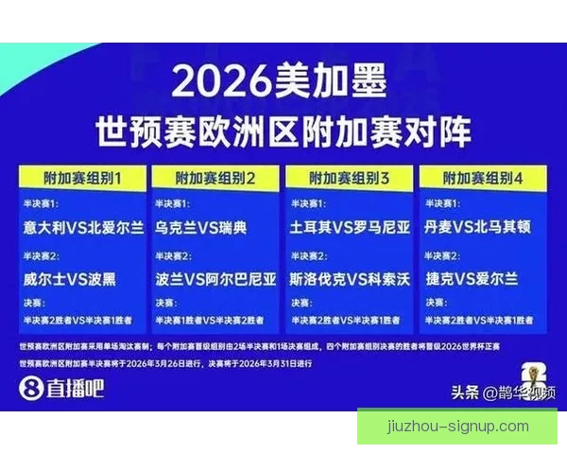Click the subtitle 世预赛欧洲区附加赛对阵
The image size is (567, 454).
[x=283, y=131]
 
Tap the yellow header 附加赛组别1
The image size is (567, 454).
[x=82, y=177]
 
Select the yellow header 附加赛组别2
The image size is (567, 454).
[x=216, y=177]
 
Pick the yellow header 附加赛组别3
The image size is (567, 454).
[x=350, y=177]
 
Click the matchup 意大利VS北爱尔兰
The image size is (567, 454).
[x=84, y=228]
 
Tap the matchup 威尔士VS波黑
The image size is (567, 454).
[x=72, y=279]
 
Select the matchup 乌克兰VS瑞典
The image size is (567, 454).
[x=200, y=228]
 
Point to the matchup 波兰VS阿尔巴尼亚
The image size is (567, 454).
[x=216, y=279]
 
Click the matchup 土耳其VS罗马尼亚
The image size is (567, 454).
[x=351, y=228]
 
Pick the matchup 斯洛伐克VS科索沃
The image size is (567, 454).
[x=351, y=279]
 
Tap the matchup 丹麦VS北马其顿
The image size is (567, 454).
[x=484, y=228]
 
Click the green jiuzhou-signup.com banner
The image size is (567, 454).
[x=457, y=426]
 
